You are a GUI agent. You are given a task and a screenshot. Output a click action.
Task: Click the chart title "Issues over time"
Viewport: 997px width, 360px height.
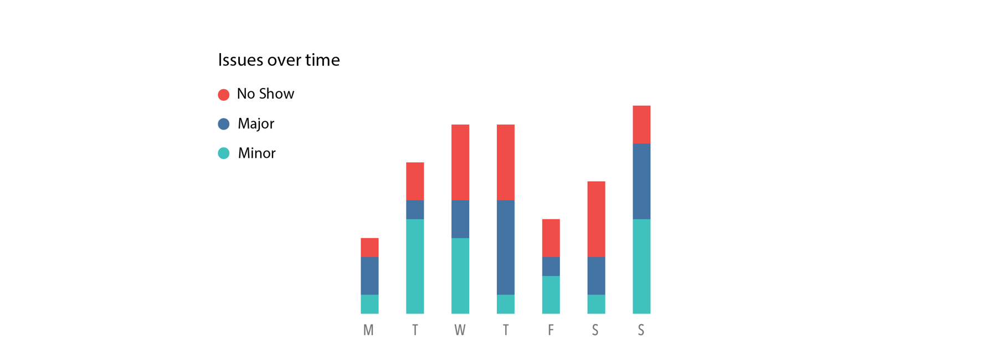[279, 60]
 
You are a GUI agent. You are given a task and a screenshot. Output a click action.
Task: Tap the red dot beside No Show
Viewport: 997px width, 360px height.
[224, 95]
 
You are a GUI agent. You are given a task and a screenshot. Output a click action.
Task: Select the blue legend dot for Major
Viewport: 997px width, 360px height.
[224, 124]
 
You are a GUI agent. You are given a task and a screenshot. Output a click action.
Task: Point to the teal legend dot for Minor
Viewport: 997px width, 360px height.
[224, 153]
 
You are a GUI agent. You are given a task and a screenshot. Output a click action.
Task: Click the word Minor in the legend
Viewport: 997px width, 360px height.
[256, 153]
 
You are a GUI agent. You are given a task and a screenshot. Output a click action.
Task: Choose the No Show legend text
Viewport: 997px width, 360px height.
[265, 94]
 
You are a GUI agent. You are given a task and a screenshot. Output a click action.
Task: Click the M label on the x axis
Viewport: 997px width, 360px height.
[369, 330]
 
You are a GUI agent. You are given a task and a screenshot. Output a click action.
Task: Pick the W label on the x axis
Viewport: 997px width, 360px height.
[460, 330]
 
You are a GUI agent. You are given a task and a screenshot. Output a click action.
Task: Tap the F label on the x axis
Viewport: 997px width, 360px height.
[551, 330]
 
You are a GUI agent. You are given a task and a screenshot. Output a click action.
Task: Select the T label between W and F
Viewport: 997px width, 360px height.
[506, 330]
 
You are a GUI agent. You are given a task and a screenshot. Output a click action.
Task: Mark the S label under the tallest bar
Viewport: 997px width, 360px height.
[641, 330]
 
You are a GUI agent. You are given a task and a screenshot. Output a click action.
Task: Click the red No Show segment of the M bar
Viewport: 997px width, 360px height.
[369, 248]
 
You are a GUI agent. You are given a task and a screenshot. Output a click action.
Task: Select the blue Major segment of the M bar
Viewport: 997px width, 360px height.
[369, 276]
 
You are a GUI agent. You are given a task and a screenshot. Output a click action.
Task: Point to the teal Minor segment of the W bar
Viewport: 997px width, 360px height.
[460, 276]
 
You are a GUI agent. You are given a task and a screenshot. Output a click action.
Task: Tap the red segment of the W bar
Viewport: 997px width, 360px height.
[460, 162]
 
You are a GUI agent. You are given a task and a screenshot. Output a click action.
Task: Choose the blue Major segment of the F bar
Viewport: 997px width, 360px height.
[551, 266]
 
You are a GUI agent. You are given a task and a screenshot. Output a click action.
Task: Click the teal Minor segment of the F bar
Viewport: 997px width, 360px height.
[551, 295]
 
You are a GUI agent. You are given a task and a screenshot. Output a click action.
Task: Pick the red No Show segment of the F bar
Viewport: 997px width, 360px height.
[551, 238]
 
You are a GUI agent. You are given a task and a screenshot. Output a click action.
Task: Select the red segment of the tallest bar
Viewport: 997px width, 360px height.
[641, 125]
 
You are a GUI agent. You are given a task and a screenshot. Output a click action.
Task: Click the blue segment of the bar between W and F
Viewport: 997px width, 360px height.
[506, 247]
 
